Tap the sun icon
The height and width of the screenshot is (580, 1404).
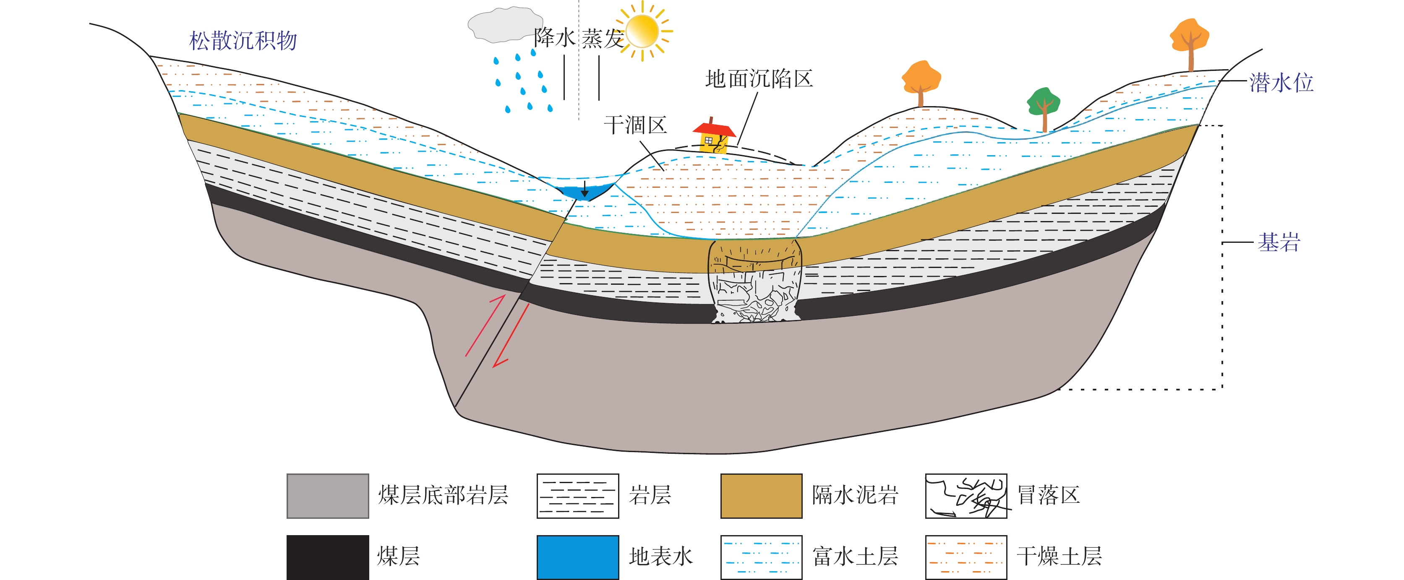click(x=643, y=31)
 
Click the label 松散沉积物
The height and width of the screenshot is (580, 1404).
click(x=243, y=41)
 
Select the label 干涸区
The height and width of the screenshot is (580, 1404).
click(x=636, y=125)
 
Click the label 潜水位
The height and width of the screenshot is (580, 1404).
click(x=1281, y=83)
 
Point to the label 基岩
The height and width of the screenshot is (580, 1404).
click(x=1279, y=242)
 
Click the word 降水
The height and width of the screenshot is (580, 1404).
click(x=554, y=38)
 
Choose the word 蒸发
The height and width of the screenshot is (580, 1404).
click(x=602, y=39)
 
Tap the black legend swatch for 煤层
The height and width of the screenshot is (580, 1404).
click(x=328, y=557)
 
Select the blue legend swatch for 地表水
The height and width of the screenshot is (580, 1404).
click(x=578, y=557)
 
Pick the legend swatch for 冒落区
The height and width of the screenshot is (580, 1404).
click(x=966, y=496)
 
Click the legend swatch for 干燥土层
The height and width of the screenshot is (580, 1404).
click(x=966, y=557)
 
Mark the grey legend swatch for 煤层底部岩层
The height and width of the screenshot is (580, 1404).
click(x=328, y=496)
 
